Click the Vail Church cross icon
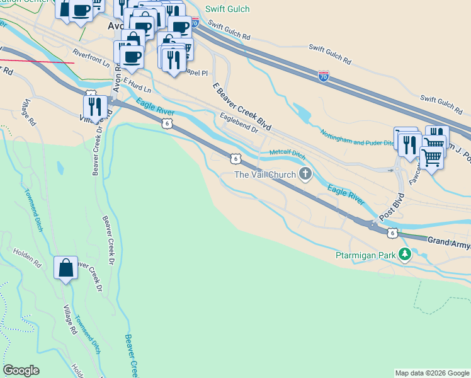coord(305,175)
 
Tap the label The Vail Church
coord(264,175)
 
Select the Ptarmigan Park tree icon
coord(406,255)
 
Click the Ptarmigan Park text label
coord(365,255)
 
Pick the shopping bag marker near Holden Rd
coord(66,269)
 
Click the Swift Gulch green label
coord(227,9)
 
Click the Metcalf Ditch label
coord(287,152)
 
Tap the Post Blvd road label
coord(392,203)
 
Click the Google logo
coord(21,370)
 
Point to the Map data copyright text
coord(431,373)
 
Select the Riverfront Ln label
coord(91,59)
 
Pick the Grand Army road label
coord(449,241)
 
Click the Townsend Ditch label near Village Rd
coord(89,333)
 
